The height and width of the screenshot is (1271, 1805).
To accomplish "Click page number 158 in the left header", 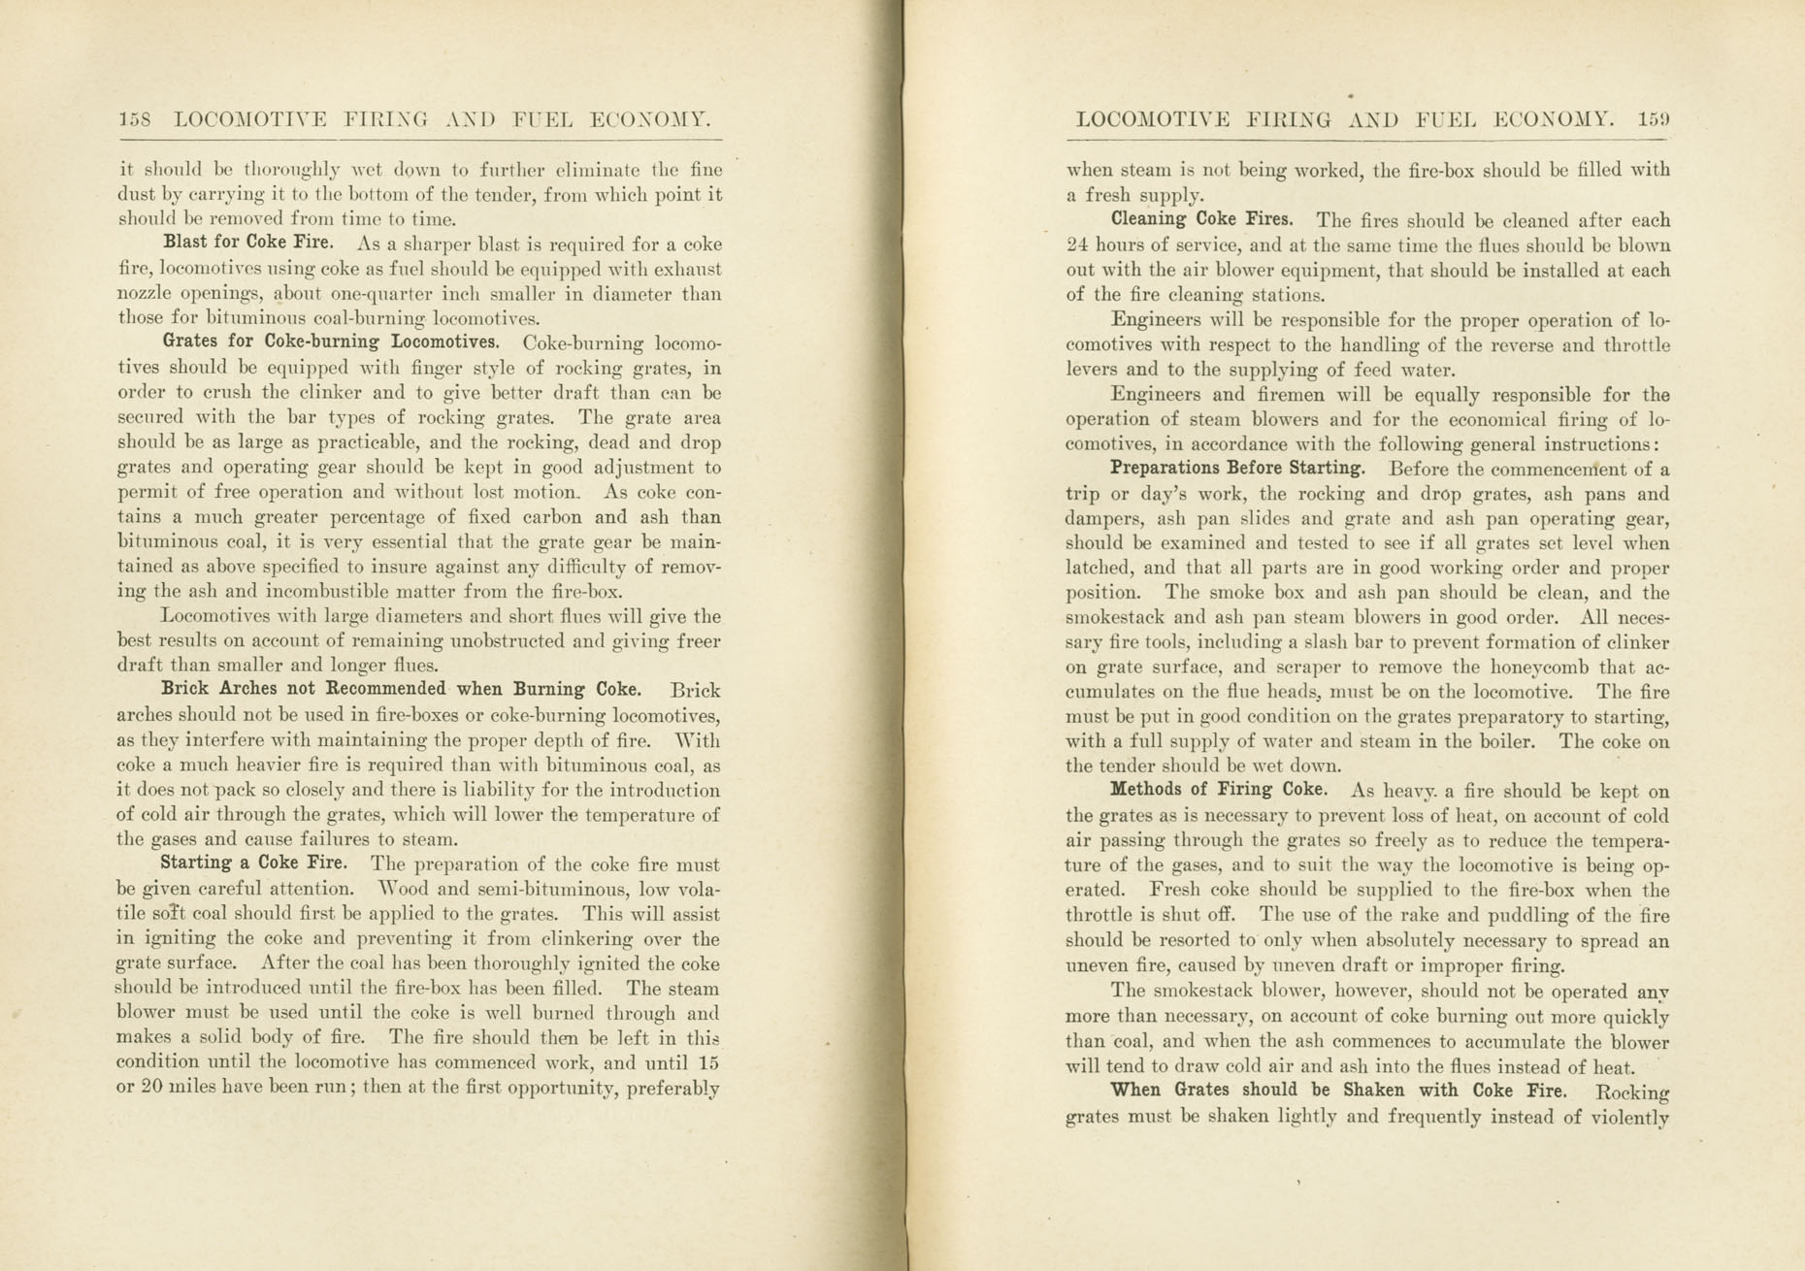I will point(135,120).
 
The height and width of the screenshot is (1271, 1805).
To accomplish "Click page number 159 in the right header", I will point(1654,119).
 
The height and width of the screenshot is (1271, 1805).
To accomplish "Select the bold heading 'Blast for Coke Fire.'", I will point(248,243).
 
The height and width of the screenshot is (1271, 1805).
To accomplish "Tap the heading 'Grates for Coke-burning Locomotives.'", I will point(330,342).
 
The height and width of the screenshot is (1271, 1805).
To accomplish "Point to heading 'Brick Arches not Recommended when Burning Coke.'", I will point(400,690).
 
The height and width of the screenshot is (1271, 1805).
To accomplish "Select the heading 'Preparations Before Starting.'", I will point(1237,468).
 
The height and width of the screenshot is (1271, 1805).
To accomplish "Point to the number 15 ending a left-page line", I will point(708,1062).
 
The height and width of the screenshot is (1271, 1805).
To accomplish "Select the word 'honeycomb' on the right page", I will point(1498,668).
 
